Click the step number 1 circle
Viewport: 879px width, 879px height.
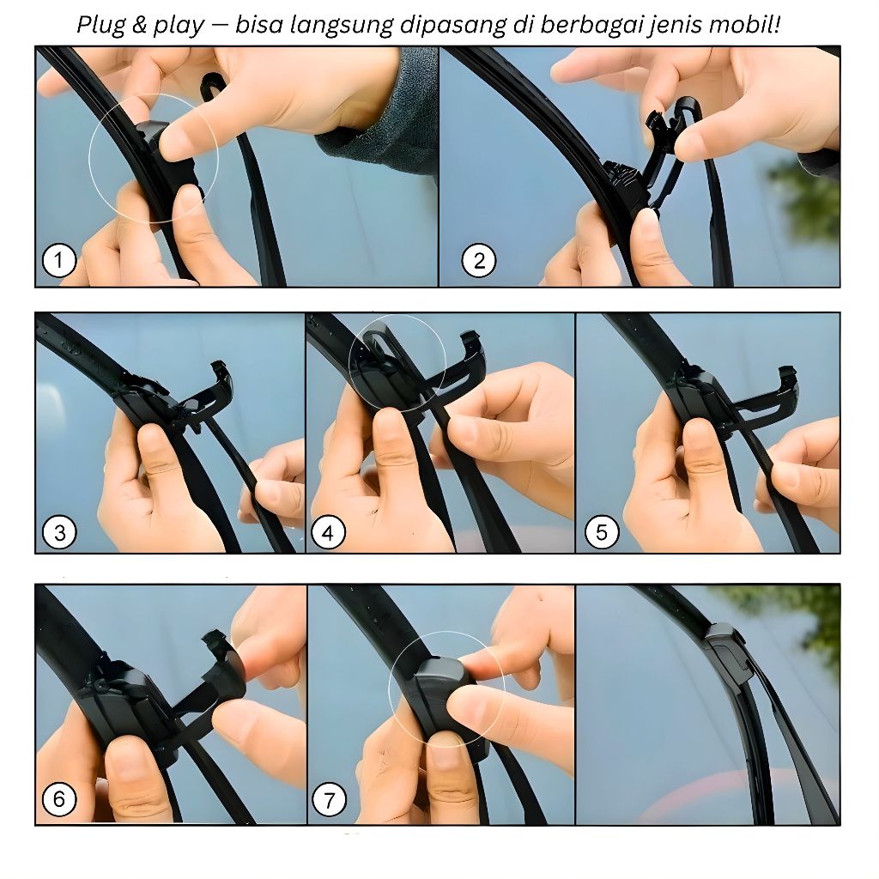tap(59, 260)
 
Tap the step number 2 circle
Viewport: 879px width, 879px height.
tap(479, 260)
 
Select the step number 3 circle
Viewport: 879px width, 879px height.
tap(59, 532)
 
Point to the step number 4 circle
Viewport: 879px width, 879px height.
tap(329, 532)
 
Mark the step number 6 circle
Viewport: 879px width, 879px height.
tap(59, 799)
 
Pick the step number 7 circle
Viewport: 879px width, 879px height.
tap(329, 799)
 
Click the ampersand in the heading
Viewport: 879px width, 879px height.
tap(140, 25)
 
